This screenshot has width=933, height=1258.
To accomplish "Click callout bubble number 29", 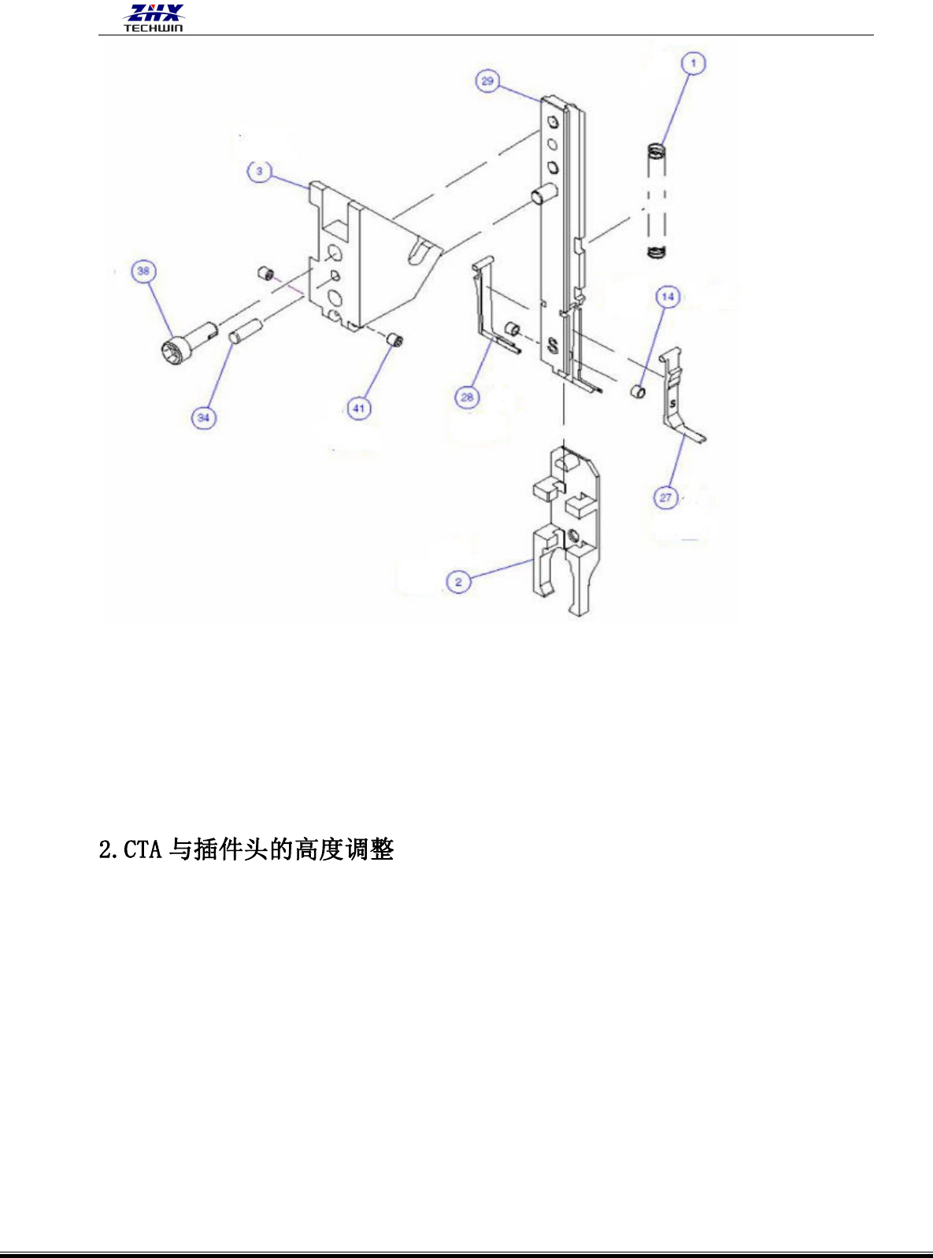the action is click(487, 81).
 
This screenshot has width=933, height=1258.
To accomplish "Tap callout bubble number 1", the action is click(693, 63).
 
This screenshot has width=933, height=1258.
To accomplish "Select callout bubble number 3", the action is click(259, 172).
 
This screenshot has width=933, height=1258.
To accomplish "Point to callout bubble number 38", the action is click(143, 272).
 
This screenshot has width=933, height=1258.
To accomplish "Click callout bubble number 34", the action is click(204, 417).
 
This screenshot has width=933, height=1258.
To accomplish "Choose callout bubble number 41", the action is click(359, 408).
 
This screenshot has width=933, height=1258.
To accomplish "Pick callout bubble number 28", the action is click(467, 397).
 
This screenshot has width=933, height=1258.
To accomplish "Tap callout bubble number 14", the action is click(668, 297).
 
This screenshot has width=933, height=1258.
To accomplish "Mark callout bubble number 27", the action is click(666, 498).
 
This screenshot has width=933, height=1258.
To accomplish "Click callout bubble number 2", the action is click(458, 583).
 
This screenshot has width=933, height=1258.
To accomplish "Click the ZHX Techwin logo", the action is click(154, 17).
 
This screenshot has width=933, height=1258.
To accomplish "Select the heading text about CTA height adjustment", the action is click(246, 850).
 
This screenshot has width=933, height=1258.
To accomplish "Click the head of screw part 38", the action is click(174, 350).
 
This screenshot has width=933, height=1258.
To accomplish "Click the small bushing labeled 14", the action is click(638, 390).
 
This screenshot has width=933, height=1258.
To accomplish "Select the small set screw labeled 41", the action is click(396, 341).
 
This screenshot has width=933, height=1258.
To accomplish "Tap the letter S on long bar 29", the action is click(553, 344).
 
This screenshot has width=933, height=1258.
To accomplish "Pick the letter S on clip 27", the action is click(672, 403).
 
